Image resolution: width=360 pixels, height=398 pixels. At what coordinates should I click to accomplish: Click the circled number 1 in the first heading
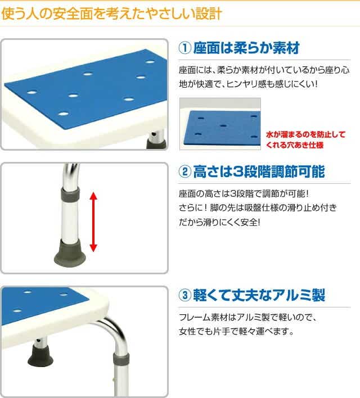coord(184,48)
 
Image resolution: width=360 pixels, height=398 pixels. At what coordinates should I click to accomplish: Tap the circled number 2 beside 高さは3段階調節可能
coord(184,171)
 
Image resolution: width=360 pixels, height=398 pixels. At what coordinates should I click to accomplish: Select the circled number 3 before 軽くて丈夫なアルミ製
coord(184,295)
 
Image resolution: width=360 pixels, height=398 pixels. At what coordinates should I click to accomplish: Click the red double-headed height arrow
coord(93,222)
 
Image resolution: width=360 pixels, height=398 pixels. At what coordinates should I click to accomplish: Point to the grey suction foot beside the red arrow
coord(70,252)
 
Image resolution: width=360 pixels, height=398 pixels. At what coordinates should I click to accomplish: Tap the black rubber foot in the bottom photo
coord(40,356)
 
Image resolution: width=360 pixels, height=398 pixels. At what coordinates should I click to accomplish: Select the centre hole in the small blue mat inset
coord(223,126)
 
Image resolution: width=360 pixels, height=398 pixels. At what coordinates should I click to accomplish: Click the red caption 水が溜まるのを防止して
coord(305,134)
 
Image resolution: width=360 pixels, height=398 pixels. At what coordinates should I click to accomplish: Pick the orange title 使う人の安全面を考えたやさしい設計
coord(111,13)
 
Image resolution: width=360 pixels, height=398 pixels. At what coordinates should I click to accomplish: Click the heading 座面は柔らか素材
coord(246,48)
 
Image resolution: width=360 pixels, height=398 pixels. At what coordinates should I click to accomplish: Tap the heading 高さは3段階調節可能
coord(259,171)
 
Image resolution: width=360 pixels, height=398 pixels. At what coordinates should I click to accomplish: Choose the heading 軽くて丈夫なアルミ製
coord(259,295)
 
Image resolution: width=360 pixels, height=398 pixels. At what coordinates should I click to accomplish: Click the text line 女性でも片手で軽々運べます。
coord(236,331)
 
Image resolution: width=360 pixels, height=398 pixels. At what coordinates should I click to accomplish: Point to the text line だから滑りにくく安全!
coord(219,223)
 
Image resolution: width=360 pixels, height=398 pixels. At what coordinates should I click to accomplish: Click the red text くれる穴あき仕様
coord(295,145)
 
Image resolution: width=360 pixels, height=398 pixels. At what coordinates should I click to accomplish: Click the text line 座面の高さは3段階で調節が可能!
coord(244,194)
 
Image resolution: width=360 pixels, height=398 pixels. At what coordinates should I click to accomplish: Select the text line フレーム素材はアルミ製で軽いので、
coord(247,317)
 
